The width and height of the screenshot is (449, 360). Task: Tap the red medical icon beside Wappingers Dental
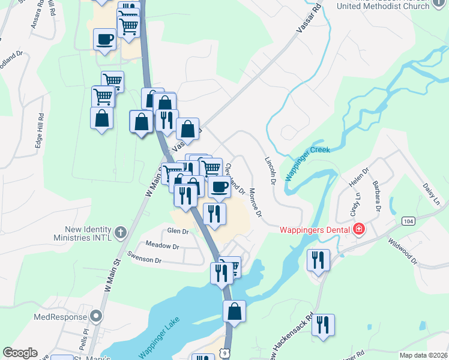point(359,229)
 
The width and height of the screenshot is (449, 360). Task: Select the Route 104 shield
point(409,221)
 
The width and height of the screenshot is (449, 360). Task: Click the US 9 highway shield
point(224,355)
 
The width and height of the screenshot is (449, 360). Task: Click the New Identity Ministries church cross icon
point(120,232)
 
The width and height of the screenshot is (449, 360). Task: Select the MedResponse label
point(60,316)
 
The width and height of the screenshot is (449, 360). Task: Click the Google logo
point(20,353)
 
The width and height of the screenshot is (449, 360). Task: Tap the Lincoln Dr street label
point(270,170)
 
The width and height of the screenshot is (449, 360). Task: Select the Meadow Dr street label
point(163,246)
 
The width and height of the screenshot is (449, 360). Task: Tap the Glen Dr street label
point(178,232)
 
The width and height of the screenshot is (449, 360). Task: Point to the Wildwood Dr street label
point(403,251)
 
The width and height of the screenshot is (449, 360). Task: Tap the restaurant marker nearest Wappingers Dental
point(317,259)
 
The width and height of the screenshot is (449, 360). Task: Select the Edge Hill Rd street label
point(40,131)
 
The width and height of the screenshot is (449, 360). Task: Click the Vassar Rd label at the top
point(309,19)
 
